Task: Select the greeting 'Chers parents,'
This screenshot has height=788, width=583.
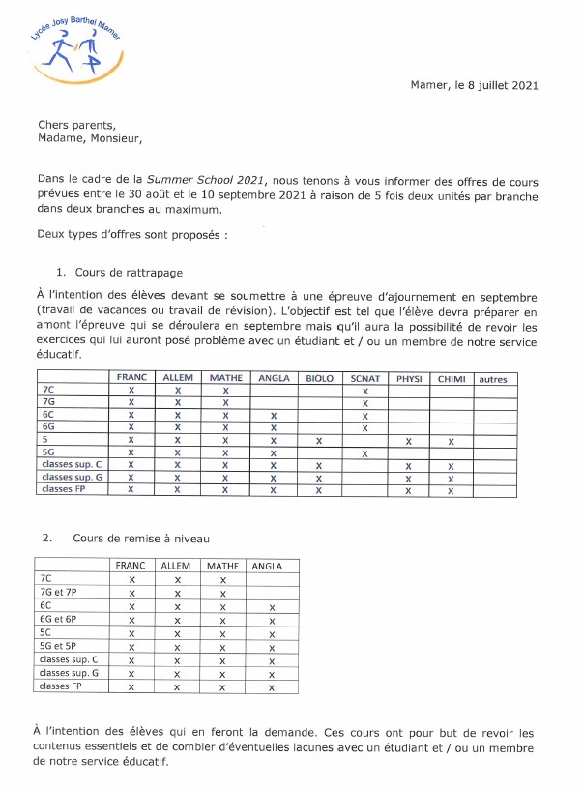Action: [75, 124]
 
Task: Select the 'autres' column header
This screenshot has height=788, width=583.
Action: [492, 378]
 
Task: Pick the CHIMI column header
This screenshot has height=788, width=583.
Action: [452, 378]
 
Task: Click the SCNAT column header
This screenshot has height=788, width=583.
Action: [365, 378]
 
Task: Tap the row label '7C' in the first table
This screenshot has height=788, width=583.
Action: [47, 391]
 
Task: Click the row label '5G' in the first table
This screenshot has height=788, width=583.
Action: [49, 452]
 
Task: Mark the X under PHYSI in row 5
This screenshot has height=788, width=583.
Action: [408, 441]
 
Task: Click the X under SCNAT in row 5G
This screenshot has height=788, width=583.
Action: [364, 453]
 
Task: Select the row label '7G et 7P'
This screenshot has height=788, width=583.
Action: [60, 593]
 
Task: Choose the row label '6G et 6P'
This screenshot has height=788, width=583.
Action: [60, 620]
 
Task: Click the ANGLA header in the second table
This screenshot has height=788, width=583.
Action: [271, 566]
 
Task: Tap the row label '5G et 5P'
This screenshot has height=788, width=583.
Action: [60, 646]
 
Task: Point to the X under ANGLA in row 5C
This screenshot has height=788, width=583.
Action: [272, 633]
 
